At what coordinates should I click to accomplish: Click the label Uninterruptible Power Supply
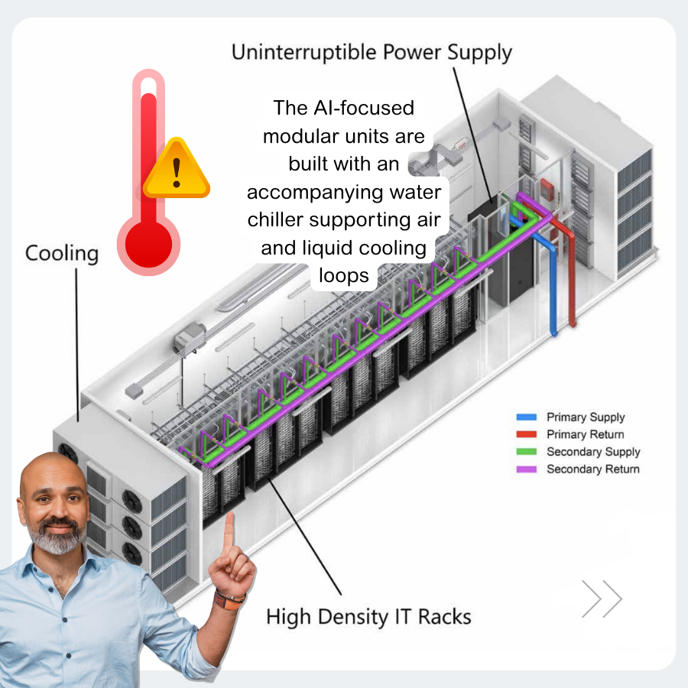point(372,53)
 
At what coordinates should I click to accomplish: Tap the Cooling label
point(62,253)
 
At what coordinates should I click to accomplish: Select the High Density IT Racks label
point(368,616)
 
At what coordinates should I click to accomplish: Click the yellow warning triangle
point(177,171)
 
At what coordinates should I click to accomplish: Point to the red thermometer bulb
point(148,243)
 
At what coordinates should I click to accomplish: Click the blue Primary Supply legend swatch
point(527,417)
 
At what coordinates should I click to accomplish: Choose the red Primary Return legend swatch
point(527,434)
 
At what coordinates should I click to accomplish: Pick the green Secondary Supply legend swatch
point(527,452)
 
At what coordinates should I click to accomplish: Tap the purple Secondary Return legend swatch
point(527,469)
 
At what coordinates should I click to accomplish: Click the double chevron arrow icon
point(602,599)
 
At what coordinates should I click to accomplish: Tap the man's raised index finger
point(228,527)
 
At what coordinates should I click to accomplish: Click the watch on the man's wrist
point(228,599)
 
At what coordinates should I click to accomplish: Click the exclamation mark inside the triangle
point(177,174)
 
